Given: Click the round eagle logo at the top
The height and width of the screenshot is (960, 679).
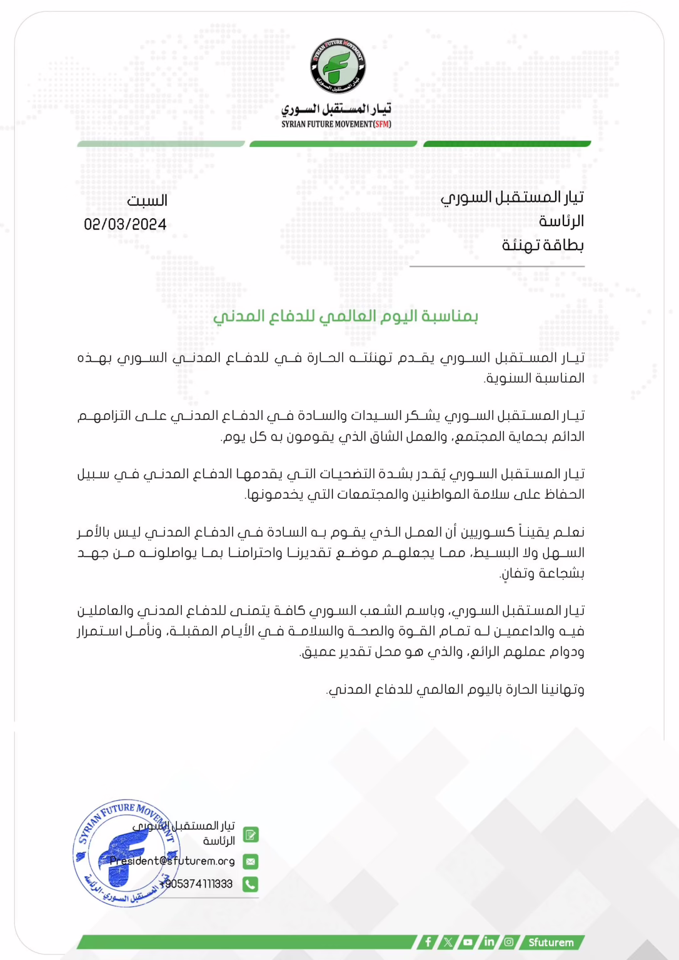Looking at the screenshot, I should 338,66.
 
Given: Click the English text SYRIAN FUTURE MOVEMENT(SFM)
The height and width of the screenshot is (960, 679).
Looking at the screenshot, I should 336,124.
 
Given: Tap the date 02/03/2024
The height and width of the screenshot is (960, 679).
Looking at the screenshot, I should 125,224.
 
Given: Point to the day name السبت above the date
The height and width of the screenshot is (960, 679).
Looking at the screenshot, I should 147,201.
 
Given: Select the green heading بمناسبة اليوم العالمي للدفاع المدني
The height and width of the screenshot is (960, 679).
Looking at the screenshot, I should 345,316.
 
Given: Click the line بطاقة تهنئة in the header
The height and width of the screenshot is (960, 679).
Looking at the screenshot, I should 543,245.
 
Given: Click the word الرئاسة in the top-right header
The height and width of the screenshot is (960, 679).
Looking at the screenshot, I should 561,221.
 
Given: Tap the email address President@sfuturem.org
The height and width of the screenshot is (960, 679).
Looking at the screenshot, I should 173,861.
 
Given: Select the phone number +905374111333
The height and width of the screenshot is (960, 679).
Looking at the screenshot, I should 196,884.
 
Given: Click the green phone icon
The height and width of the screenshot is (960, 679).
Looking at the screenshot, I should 251,884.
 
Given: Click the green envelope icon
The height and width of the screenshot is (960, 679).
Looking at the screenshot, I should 251,861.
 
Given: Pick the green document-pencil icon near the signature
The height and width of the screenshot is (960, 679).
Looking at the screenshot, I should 251,835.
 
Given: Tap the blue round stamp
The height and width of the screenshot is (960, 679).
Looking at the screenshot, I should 126,852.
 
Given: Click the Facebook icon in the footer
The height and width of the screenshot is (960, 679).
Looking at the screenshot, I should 428,942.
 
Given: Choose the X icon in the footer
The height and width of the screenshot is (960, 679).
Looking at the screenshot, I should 448,942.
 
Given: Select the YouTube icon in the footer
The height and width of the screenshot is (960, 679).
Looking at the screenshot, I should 468,942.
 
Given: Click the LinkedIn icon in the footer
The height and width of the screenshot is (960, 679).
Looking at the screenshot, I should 489,942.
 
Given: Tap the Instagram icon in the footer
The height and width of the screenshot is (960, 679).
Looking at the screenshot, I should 509,942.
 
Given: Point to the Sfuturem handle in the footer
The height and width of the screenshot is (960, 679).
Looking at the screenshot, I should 551,942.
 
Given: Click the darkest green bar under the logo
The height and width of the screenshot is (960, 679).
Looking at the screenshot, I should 507,144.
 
